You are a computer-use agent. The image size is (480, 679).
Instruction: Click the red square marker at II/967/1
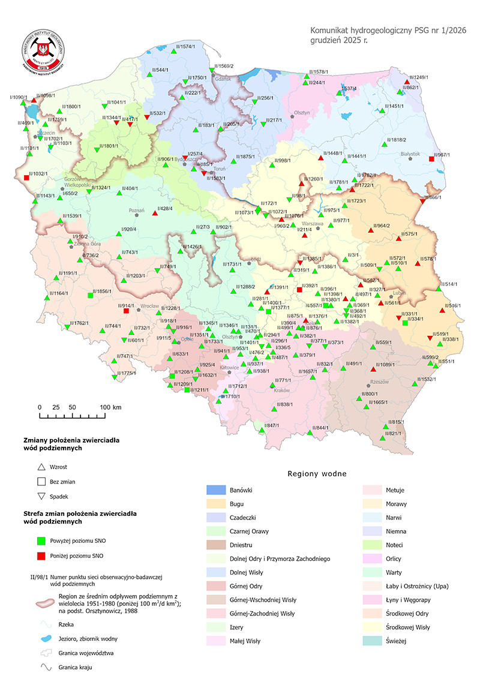[432, 158]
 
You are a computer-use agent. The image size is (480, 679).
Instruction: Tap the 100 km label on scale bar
[110, 407]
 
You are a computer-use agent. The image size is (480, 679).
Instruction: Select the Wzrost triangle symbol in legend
[41, 467]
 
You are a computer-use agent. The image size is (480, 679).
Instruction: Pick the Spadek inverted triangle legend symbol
[41, 496]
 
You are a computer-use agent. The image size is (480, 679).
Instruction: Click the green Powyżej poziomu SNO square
[41, 540]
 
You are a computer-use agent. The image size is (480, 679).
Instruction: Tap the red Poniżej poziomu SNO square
[41, 555]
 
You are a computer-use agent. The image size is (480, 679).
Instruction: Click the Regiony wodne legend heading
[317, 474]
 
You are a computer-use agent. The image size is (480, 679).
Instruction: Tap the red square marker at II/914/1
[126, 311]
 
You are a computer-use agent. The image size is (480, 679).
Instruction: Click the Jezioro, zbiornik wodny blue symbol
[41, 636]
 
